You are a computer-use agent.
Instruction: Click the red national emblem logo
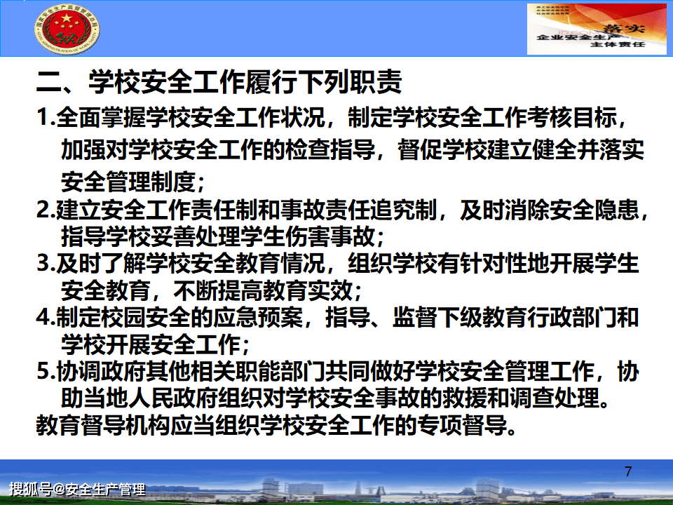click(67, 33)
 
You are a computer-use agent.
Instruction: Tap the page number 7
click(627, 471)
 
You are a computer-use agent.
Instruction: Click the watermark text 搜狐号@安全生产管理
click(77, 489)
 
